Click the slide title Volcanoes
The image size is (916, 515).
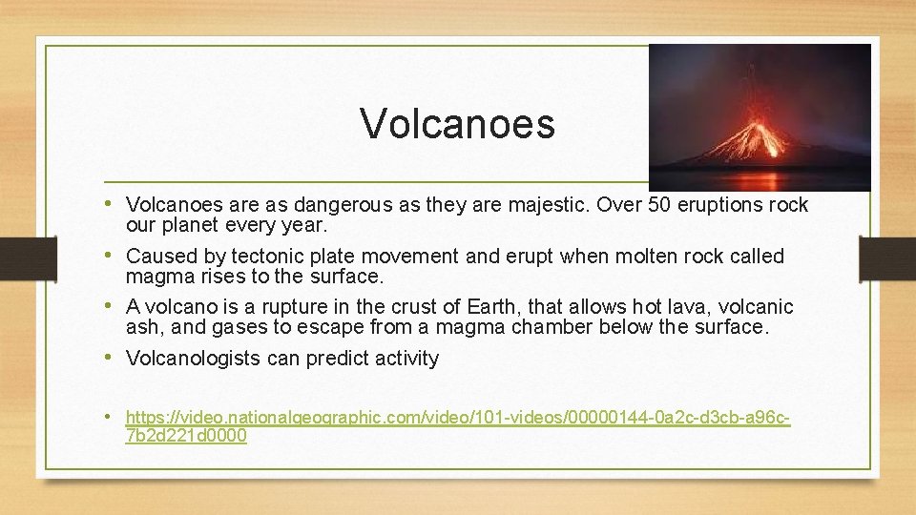click(x=457, y=124)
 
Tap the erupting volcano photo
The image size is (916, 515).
click(x=760, y=117)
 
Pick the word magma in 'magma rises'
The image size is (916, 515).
click(x=152, y=277)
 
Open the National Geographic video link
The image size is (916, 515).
click(x=458, y=418)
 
